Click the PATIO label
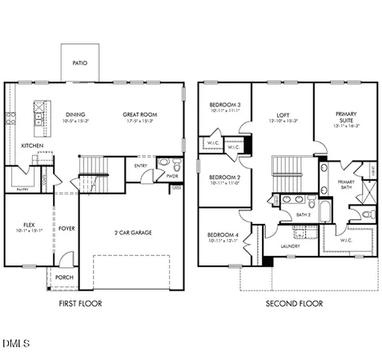tap(79, 62)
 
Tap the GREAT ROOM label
tap(139, 114)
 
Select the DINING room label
tap(76, 114)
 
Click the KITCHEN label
tap(32, 146)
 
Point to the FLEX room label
tap(29, 226)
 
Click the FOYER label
tap(66, 229)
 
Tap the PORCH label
tap(63, 278)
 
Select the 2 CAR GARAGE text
tap(133, 233)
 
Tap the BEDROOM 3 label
tap(225, 105)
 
